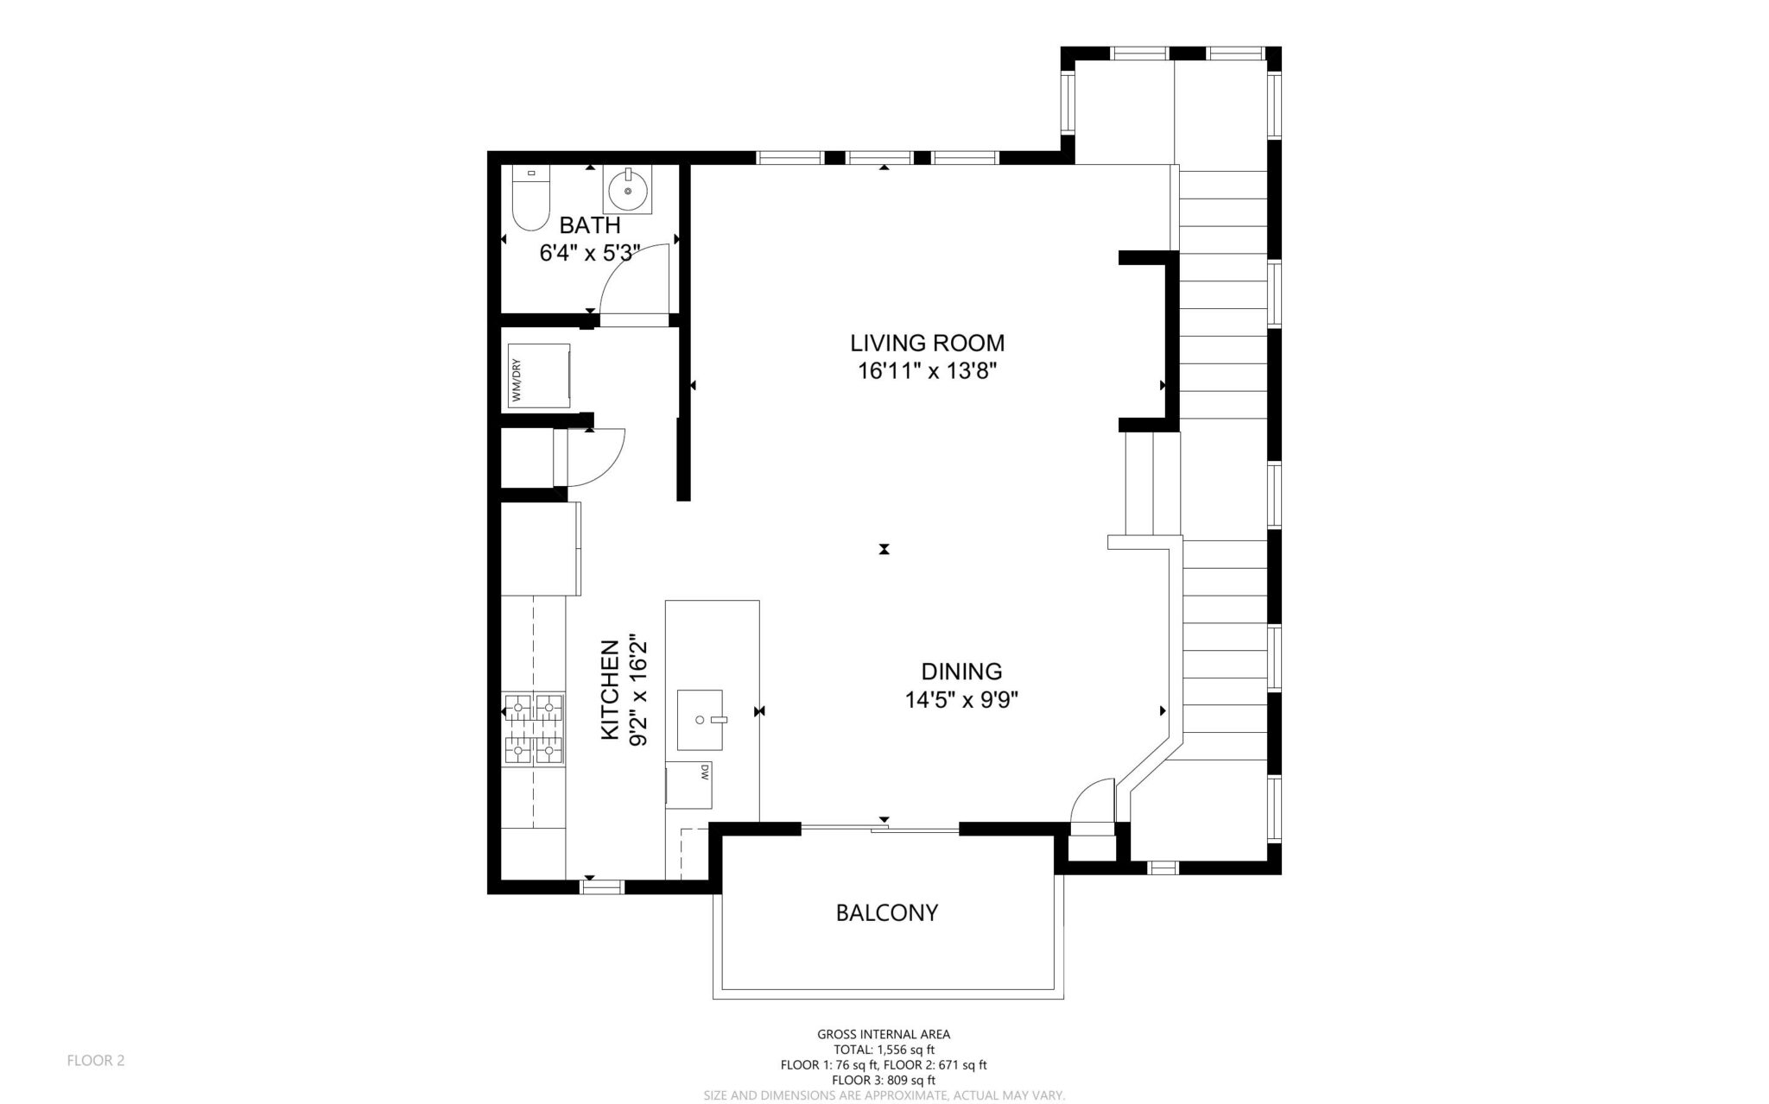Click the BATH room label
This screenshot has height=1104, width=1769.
coord(589,225)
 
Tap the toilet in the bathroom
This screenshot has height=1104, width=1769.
coord(530,199)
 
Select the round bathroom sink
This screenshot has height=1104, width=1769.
coord(628,190)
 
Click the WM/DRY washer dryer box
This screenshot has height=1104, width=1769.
coord(539,376)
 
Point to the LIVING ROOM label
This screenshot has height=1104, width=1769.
coord(927,343)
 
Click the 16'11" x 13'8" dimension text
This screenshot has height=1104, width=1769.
coord(927,371)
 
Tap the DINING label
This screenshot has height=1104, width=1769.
coord(961,671)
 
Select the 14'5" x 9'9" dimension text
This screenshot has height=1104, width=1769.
coord(961,700)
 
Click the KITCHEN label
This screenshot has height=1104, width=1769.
coord(610,689)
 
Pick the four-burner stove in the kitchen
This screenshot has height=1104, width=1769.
coord(533,730)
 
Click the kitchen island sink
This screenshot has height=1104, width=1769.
coord(700,719)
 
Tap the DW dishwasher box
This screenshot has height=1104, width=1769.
coord(689,785)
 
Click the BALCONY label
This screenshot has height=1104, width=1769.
coord(886,912)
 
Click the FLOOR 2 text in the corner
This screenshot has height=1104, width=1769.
coord(96,1060)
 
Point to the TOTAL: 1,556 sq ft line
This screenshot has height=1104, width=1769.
coord(883,1050)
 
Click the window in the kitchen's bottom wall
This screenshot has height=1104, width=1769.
coord(601,886)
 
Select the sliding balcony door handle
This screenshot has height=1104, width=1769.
coord(879,830)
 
